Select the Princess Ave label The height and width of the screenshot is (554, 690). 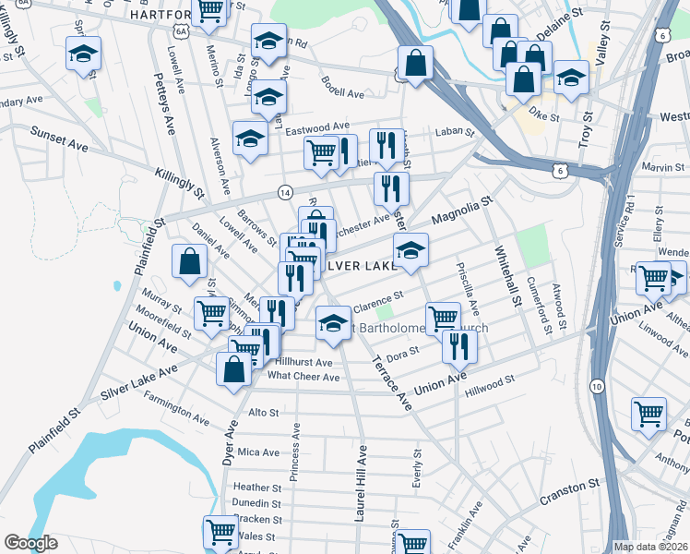pos(294,452)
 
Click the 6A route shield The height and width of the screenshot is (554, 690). pos(181,30)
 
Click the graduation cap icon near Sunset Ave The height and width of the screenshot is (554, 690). pos(250,138)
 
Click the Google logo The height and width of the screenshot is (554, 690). pos(30,544)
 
